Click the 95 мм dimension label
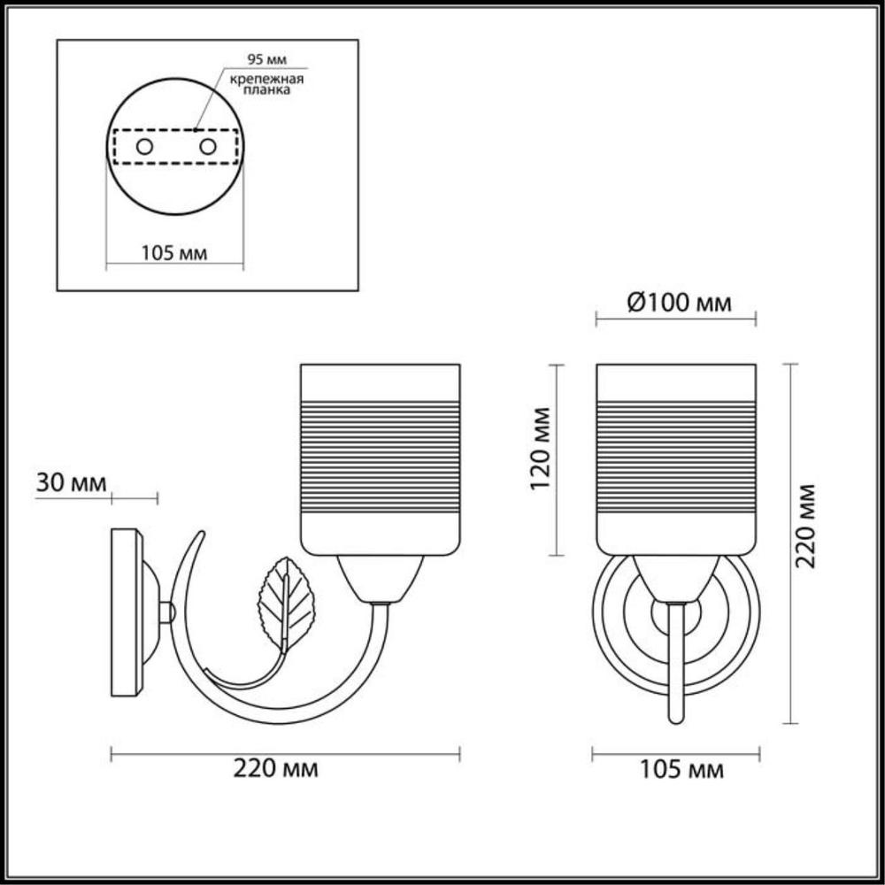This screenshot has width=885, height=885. coord(265,62)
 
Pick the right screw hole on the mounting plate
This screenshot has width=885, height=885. coord(208,146)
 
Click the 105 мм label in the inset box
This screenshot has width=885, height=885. coord(174,253)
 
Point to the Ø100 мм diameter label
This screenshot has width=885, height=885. coord(679,304)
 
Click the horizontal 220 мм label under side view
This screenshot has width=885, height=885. coord(274,767)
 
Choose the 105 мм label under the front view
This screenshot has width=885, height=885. coord(681,770)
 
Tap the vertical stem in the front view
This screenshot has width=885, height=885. coord(676,659)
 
